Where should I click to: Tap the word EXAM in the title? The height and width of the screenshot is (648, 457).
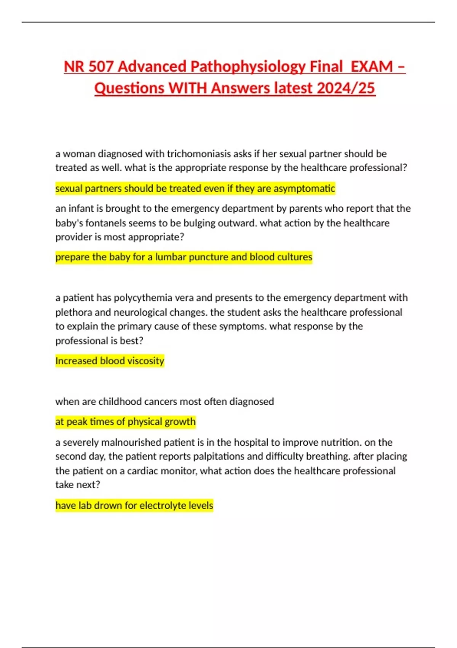[371, 67]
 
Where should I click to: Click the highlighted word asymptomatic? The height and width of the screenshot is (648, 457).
[304, 189]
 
